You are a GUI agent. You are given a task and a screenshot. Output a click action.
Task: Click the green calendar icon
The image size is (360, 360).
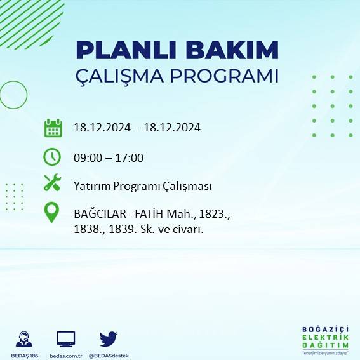pos(53,128)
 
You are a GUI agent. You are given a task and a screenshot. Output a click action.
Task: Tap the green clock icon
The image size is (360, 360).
pos(52,156)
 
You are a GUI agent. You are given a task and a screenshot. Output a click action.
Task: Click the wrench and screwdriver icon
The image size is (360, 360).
pos(52,183)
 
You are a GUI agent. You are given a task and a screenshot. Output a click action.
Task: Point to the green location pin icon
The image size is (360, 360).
pos(52,212)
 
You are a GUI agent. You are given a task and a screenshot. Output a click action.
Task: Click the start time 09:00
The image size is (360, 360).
pos(87,158)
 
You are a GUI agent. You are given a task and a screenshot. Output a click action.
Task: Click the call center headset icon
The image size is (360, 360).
pos(25,338)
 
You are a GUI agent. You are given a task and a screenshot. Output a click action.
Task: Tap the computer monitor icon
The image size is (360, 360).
pos(66,338)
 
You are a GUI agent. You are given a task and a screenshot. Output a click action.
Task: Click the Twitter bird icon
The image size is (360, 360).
pos(108,338)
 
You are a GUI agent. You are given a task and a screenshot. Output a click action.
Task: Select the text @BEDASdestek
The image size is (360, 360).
pos(108,355)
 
